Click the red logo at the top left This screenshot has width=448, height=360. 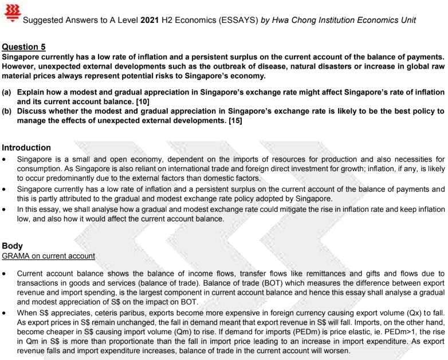[11, 11]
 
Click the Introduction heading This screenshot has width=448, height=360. [26, 148]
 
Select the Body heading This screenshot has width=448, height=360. [13, 246]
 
